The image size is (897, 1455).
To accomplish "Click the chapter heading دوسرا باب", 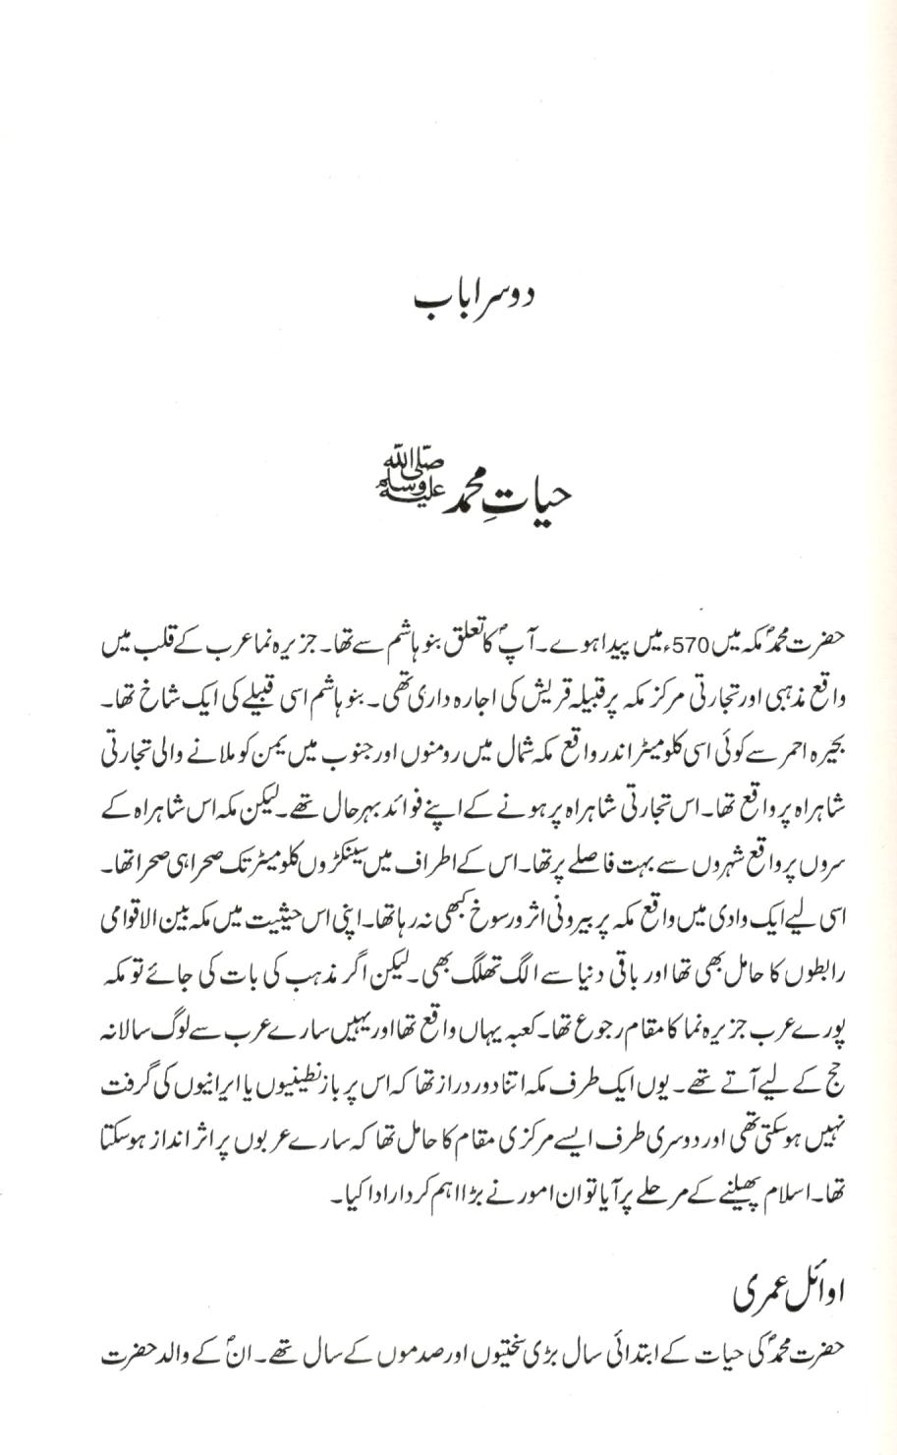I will (448, 297).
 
